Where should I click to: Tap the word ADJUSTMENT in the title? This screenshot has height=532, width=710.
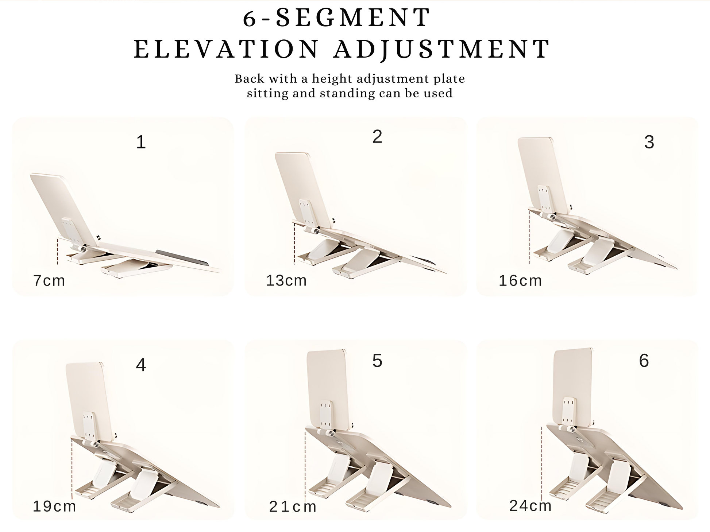[442, 49]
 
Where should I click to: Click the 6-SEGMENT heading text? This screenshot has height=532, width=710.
[337, 18]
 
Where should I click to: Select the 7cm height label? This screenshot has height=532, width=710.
[49, 281]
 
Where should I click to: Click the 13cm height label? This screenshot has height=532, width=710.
[286, 280]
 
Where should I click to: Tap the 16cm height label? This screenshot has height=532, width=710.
[520, 281]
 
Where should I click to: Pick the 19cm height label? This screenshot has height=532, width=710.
[54, 506]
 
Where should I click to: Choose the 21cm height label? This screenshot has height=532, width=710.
[293, 507]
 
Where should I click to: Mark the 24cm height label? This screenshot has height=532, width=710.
[530, 506]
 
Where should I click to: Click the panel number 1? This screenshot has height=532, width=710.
[141, 142]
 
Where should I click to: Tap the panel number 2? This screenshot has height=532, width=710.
[377, 137]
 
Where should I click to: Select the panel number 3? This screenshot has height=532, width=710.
[649, 142]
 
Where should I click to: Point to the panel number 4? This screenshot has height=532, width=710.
[141, 365]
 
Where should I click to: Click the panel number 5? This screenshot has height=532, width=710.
[377, 361]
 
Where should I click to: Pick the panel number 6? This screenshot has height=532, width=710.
[644, 361]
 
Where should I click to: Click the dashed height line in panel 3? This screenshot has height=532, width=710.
[529, 236]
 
